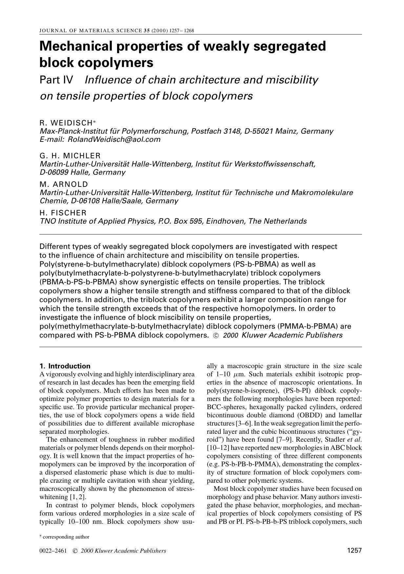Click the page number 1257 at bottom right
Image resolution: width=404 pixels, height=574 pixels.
(354, 551)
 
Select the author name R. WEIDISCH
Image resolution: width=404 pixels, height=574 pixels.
(66, 123)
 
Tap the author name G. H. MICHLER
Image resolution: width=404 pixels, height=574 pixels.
(70, 156)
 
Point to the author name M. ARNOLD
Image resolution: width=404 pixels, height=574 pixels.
(64, 184)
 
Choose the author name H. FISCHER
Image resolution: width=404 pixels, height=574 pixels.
(63, 212)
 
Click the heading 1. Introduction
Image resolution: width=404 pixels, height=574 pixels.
(65, 366)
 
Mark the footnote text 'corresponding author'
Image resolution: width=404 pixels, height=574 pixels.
(66, 537)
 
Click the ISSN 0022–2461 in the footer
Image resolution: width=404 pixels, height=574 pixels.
(53, 551)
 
